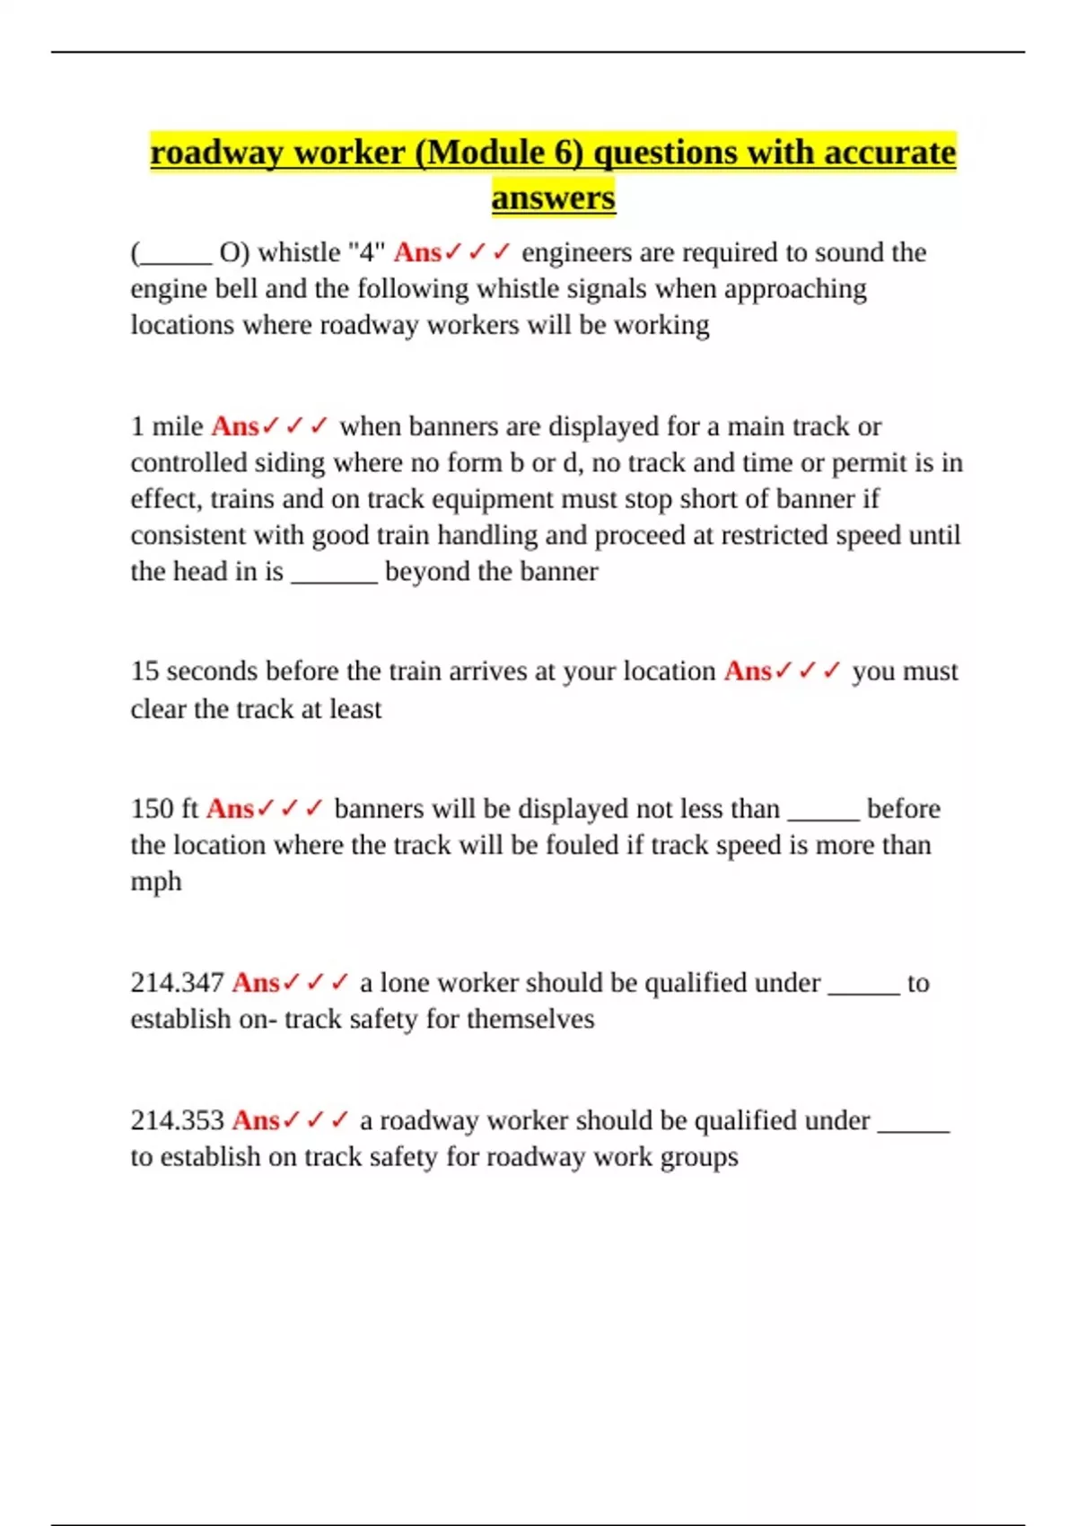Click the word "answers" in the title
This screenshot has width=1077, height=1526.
point(553,197)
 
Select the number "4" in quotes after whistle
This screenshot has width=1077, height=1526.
point(366,253)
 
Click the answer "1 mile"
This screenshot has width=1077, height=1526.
point(167,426)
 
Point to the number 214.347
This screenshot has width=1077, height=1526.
point(177,983)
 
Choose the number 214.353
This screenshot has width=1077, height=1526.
point(177,1120)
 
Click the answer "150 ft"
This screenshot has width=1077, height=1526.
point(164,809)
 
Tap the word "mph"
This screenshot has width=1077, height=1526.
point(156,881)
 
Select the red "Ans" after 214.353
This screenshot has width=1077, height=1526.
point(256,1120)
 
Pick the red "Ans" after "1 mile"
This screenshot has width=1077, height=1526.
point(235,426)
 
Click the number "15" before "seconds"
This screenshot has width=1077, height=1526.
point(144,671)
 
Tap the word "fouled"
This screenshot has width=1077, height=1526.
point(579,846)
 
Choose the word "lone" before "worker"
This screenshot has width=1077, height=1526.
point(405,983)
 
